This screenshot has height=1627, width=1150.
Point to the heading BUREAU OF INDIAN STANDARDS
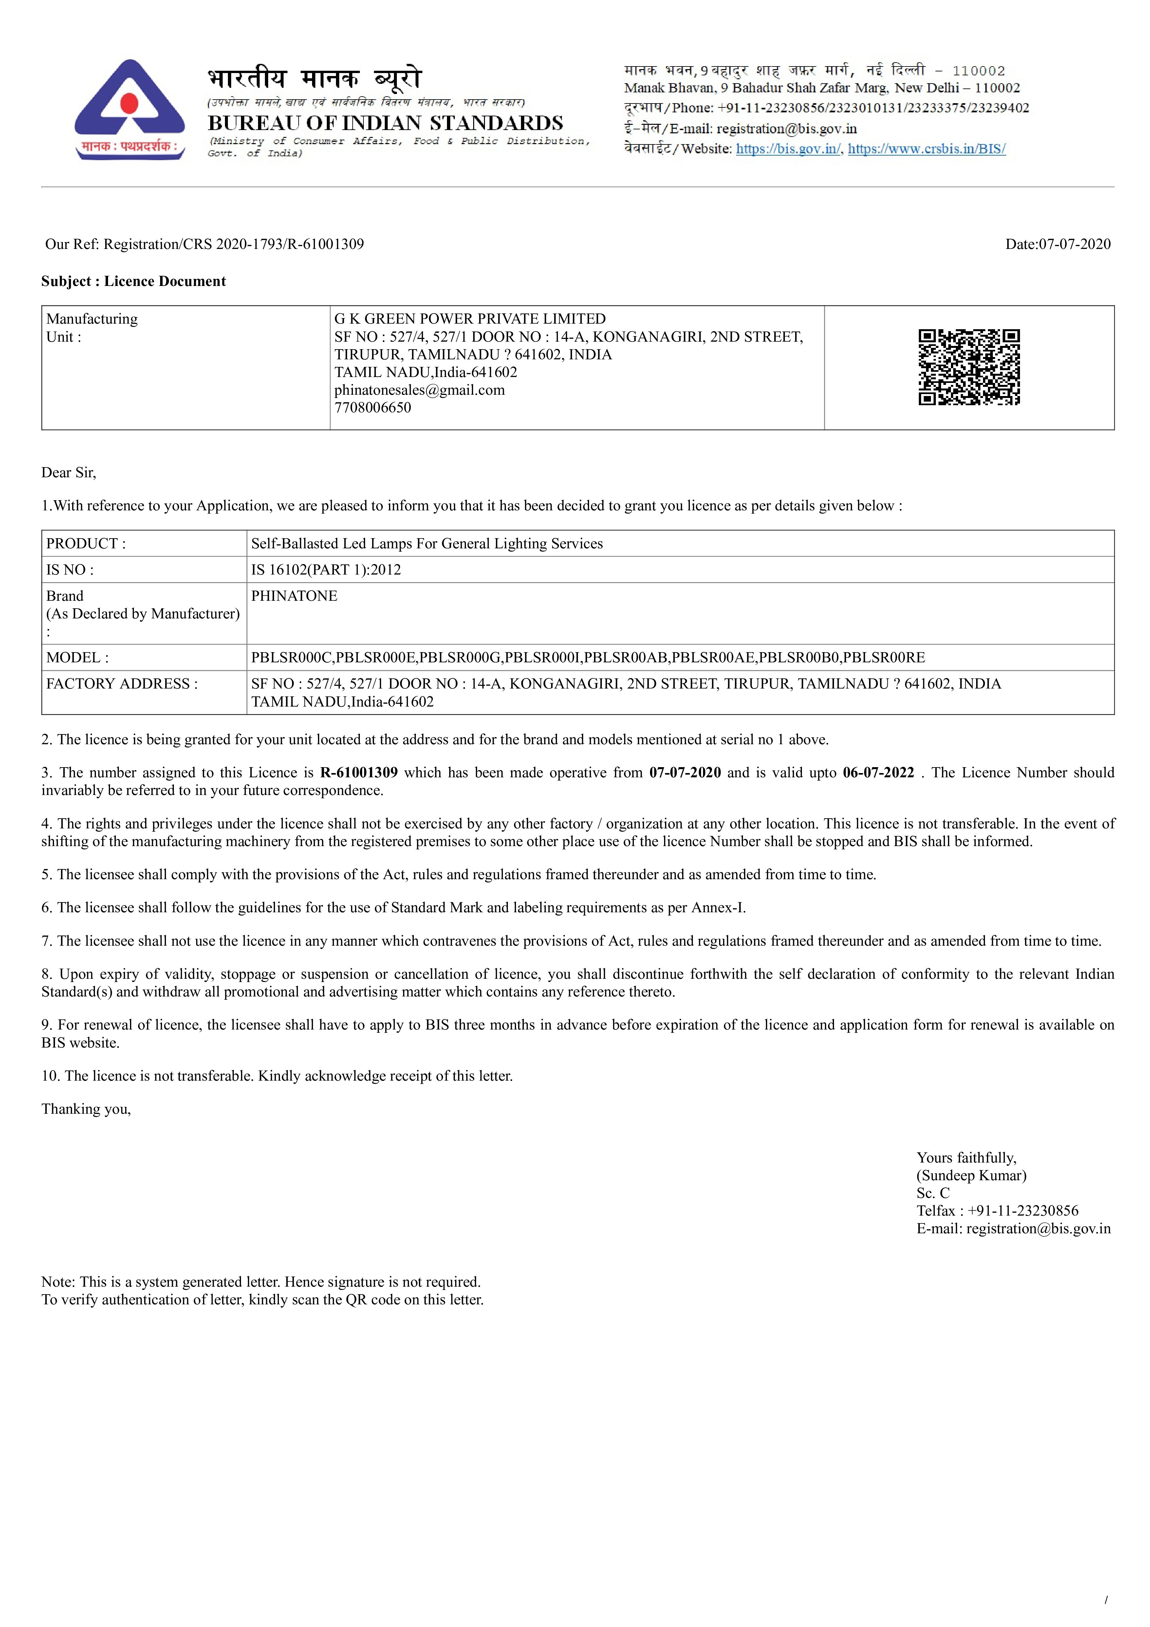click(385, 123)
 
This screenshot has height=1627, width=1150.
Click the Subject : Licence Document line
click(133, 281)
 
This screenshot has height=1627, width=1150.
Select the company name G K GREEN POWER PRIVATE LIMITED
click(470, 319)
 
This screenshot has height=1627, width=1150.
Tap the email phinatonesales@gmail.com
click(419, 390)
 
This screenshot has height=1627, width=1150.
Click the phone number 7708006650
click(373, 407)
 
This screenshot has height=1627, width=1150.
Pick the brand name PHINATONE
click(294, 596)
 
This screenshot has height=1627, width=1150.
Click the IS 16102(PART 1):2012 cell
click(326, 570)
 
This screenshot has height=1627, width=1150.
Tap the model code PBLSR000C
click(292, 658)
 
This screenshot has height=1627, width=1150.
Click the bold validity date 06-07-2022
click(878, 772)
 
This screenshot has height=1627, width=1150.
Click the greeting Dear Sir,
click(69, 473)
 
